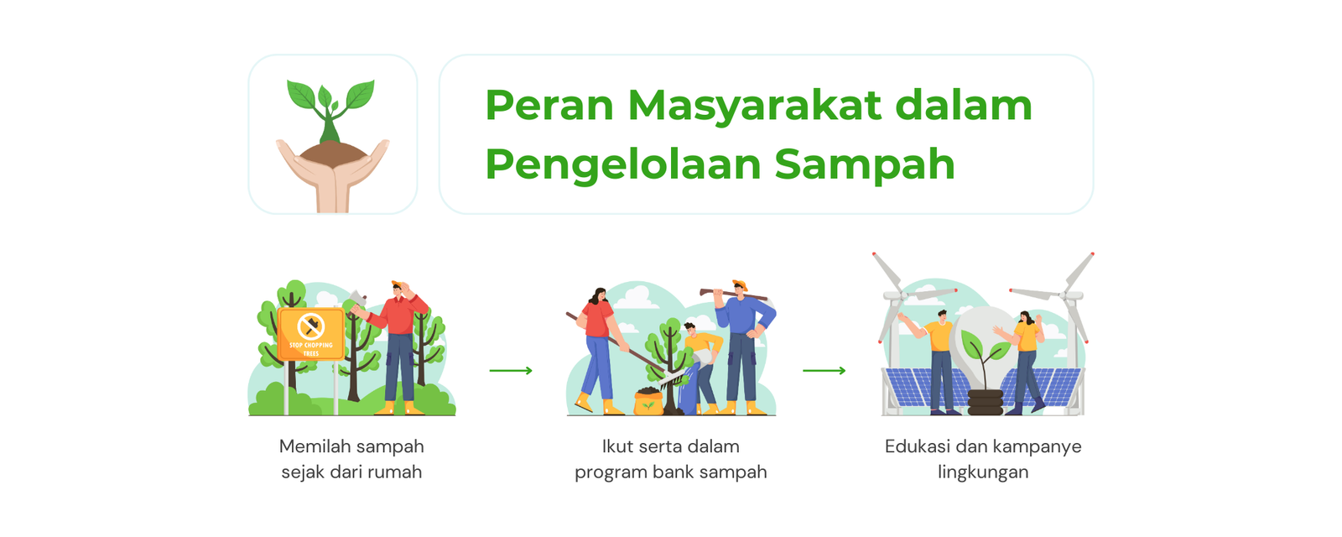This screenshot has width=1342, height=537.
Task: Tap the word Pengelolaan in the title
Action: [622, 165]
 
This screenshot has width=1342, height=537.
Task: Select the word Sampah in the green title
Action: [865, 165]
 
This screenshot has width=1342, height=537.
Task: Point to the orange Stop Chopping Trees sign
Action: [311, 334]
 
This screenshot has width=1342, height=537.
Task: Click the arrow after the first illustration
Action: [511, 370]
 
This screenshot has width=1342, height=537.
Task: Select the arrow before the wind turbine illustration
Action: [824, 370]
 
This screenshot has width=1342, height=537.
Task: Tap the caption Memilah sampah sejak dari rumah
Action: [351, 459]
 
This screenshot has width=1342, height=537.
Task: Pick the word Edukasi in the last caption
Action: [918, 446]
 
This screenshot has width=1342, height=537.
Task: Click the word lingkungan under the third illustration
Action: [983, 472]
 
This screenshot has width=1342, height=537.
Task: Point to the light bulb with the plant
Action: [985, 351]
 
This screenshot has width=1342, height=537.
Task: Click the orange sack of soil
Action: [649, 401]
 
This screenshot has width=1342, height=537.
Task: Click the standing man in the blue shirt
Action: [743, 347]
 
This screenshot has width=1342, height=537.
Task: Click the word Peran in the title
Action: [549, 106]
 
